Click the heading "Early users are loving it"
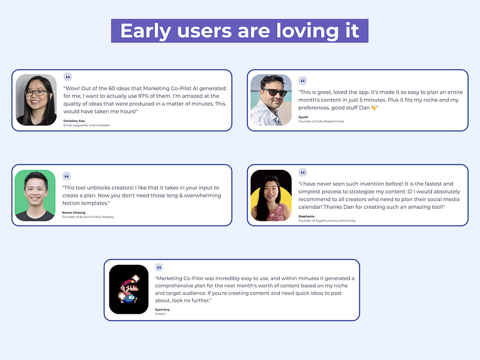click(239, 31)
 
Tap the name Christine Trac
click(75, 121)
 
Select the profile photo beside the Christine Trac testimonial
click(36, 100)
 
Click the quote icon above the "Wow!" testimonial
click(67, 77)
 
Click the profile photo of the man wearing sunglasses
click(271, 100)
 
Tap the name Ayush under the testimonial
click(304, 117)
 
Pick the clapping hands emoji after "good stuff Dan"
click(374, 108)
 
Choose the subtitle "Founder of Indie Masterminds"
click(321, 121)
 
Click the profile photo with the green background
click(35, 195)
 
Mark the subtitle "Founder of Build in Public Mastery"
click(88, 217)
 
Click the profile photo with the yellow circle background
click(271, 196)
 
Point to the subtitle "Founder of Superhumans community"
click(326, 221)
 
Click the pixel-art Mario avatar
click(128, 289)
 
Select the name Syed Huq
click(162, 309)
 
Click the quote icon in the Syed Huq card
click(159, 268)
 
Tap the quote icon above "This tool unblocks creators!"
click(67, 176)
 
